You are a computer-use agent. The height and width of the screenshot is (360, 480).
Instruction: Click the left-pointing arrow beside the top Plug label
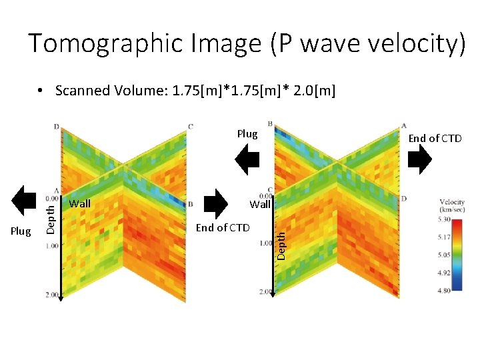(248, 160)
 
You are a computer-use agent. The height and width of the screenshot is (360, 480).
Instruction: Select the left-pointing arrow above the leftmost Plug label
(27, 201)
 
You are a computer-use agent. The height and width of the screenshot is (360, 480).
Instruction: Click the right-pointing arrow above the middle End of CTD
(215, 203)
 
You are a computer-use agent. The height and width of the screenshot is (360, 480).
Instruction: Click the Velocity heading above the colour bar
(452, 203)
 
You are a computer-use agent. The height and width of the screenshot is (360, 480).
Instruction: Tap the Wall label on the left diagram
(80, 204)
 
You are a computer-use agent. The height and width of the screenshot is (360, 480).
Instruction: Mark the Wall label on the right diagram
(260, 205)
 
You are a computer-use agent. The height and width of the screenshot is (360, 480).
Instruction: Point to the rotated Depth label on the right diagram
(282, 243)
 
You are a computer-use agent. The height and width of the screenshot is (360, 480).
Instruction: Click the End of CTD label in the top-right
(435, 139)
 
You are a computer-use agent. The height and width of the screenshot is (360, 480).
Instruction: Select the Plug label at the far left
(21, 231)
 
